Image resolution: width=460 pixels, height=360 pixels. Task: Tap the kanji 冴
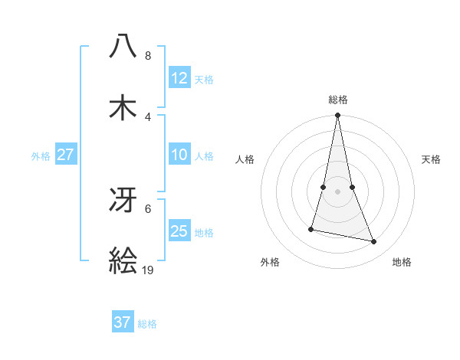[x=123, y=201]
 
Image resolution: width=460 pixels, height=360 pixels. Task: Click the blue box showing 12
[x=179, y=77]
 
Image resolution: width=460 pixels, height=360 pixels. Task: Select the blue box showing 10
[x=179, y=155]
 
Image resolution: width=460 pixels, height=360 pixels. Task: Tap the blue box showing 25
[x=179, y=231]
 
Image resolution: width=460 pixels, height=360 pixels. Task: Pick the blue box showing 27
[x=65, y=155]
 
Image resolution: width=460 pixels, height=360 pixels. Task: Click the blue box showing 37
[x=122, y=322]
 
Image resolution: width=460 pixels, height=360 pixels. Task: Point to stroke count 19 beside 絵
[x=148, y=270]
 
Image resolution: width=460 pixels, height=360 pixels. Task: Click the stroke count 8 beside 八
[x=148, y=56]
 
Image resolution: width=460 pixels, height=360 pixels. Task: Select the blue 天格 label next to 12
[x=204, y=80]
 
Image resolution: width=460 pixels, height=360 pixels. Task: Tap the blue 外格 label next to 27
[x=41, y=156]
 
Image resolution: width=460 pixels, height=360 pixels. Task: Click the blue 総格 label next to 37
[x=147, y=324]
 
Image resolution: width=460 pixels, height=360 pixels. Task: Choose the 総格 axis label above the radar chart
[x=338, y=100]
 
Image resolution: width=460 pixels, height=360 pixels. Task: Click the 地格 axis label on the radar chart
[x=402, y=262]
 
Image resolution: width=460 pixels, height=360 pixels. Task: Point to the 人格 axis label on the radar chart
[x=245, y=159]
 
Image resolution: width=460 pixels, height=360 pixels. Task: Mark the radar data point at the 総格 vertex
[x=337, y=116]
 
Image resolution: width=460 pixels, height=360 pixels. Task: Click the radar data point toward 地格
[x=374, y=241]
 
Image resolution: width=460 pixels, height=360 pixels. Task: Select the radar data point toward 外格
[x=311, y=228]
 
